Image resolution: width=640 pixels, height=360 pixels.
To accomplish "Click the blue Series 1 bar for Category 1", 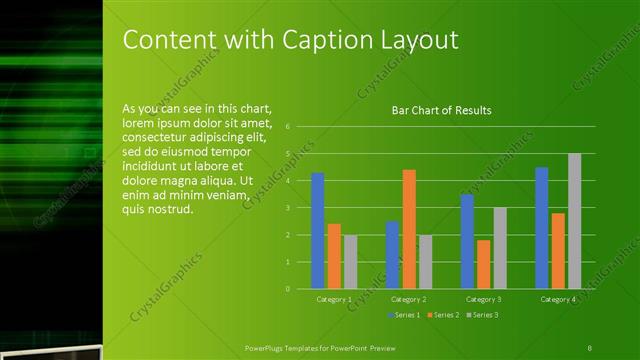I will [317, 231].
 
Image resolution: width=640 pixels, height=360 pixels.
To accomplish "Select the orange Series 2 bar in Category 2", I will [408, 229].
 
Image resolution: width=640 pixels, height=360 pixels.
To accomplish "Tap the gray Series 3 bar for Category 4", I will [574, 221].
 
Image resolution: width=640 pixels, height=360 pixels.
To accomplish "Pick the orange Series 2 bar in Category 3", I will [484, 264].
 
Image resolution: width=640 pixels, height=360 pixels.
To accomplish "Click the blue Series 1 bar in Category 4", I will [542, 228].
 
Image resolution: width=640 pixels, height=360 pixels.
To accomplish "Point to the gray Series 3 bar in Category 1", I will [350, 262].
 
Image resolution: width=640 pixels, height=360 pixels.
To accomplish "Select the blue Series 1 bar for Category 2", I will [392, 255].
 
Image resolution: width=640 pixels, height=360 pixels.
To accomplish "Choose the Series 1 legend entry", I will [403, 314].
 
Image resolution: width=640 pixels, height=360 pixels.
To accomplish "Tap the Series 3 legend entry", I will [481, 314].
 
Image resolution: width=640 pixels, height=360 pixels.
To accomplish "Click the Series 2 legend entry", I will [442, 314].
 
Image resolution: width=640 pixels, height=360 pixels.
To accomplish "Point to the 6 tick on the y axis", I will [288, 127].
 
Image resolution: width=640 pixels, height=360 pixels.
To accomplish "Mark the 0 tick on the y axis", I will [288, 289].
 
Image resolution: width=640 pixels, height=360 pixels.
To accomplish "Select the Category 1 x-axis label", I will [333, 299].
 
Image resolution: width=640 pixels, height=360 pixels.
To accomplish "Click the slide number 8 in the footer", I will [589, 346].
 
